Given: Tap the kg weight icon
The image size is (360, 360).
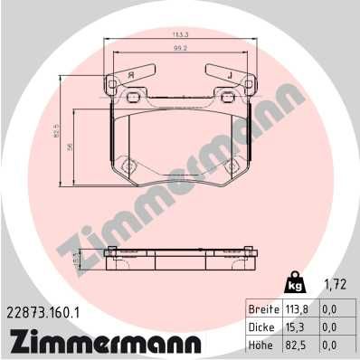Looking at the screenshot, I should (x=294, y=284).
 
